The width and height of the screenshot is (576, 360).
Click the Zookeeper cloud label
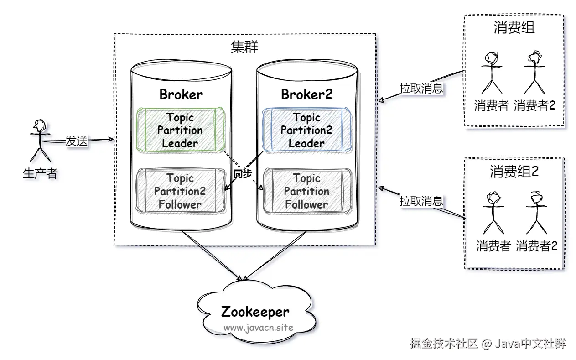click(255, 312)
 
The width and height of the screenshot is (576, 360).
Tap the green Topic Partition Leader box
click(180, 130)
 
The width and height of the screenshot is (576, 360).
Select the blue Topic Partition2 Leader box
click(306, 130)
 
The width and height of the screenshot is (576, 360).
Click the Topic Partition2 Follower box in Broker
click(180, 191)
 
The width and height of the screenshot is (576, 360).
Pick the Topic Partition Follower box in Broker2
click(306, 191)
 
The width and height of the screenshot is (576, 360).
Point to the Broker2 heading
click(306, 94)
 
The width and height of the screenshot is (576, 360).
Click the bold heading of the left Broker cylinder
click(181, 94)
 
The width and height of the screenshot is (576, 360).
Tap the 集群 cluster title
click(244, 47)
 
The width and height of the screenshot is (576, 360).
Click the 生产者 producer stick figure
click(39, 139)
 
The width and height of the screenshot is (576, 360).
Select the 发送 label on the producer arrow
click(76, 141)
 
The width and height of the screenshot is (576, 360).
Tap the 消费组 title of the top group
click(514, 28)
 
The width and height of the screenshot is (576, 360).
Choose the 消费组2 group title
click(514, 171)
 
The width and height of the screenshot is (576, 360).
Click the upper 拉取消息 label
click(421, 88)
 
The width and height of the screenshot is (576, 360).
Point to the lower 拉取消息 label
click(421, 201)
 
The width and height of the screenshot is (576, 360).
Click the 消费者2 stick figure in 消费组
click(534, 73)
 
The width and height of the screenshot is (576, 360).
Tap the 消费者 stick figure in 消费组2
click(493, 212)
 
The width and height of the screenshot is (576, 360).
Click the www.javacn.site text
click(258, 328)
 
